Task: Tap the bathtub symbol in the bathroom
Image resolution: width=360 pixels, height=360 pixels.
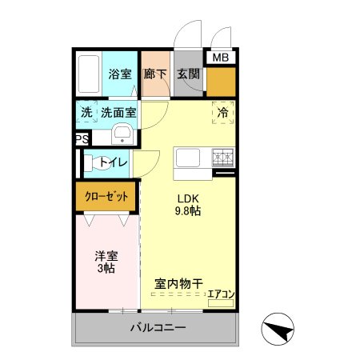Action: click(90, 73)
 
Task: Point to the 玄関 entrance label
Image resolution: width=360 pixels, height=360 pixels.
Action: click(188, 74)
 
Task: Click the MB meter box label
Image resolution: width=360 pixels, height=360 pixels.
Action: click(218, 57)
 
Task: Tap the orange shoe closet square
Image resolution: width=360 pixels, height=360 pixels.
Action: click(222, 82)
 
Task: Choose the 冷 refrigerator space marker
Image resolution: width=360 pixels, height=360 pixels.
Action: click(223, 113)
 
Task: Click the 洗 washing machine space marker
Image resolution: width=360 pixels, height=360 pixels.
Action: click(86, 113)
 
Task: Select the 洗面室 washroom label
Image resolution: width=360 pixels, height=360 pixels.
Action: click(118, 113)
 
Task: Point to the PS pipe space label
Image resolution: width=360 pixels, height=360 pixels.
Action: click(81, 139)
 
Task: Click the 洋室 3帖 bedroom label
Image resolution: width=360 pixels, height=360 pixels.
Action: click(106, 262)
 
